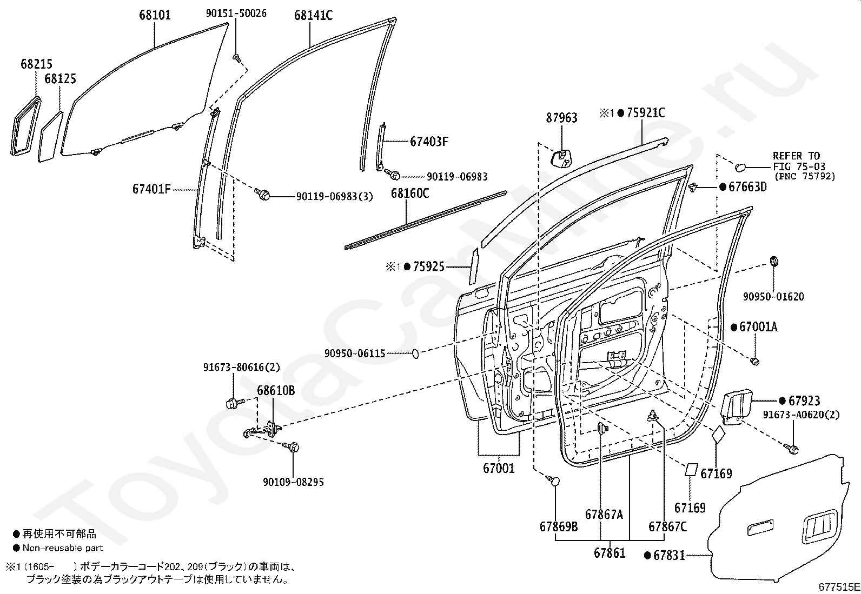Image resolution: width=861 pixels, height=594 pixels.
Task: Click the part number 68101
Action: (155, 15)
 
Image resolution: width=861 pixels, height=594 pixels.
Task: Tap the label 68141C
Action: (313, 15)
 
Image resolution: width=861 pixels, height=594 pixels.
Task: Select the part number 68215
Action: (37, 64)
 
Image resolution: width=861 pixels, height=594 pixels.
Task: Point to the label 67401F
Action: (151, 189)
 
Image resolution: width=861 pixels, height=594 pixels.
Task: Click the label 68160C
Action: (410, 193)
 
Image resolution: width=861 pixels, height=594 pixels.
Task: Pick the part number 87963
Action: (561, 118)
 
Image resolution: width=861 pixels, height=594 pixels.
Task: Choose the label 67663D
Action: (747, 186)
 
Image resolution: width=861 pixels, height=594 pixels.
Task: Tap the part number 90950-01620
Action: (773, 297)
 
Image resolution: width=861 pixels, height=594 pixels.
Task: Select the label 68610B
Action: (276, 391)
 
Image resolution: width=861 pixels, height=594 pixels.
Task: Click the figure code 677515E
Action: (839, 587)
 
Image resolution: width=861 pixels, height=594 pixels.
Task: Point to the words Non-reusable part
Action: (63, 548)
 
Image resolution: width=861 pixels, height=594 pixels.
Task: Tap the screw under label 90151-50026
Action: (236, 58)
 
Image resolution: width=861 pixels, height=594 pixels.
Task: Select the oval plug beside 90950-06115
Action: (415, 353)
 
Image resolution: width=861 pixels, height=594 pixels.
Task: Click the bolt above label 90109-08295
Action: (292, 446)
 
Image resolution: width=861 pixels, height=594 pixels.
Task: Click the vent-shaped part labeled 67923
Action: (736, 406)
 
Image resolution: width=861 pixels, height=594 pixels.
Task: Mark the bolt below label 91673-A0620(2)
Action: (792, 448)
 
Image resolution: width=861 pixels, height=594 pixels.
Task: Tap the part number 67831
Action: (669, 555)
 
